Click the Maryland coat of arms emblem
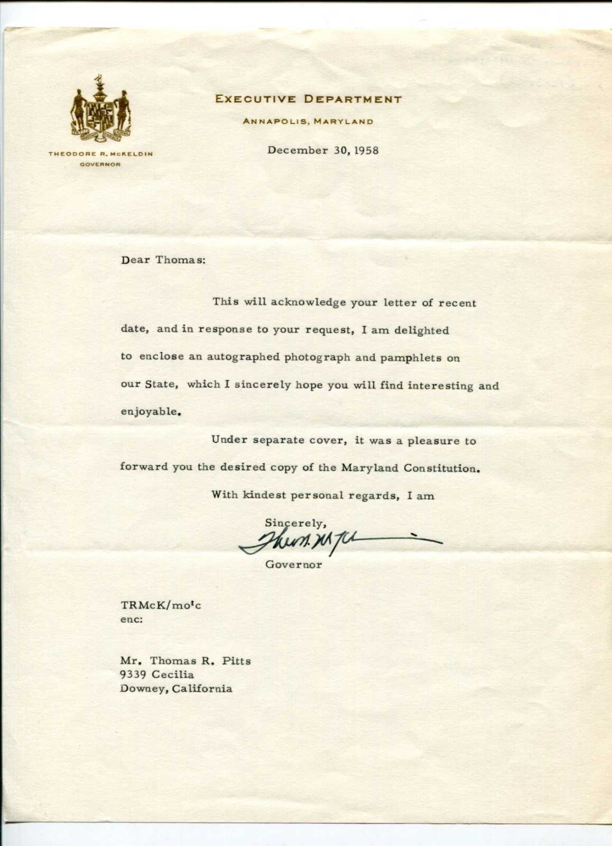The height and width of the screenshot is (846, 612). coord(101,110)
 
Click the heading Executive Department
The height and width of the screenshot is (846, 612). coord(308,99)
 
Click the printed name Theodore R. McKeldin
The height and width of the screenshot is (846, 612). coord(100,154)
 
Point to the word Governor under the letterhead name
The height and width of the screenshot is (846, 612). coord(100,164)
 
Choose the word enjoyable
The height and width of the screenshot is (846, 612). coord(148,412)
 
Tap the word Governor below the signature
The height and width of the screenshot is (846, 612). coord(293,565)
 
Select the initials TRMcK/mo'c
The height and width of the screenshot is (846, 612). coord(161,605)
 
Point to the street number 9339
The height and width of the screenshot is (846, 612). coord(134,675)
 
